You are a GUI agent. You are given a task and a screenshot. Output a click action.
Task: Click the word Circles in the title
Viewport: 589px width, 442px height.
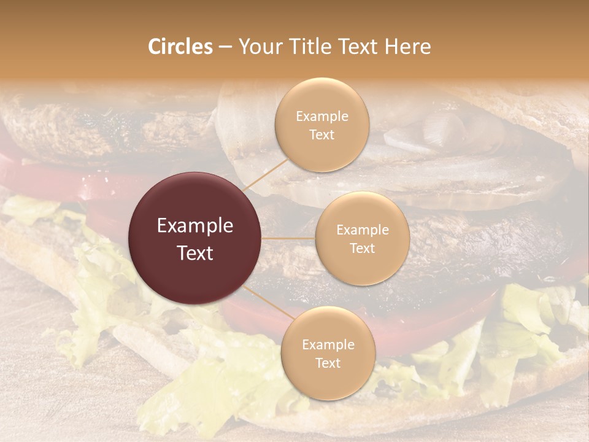pos(180,47)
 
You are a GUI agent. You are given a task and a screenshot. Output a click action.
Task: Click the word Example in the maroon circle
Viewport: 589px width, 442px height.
pos(195,226)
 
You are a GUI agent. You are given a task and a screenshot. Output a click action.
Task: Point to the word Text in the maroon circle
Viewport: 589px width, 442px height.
pos(195,253)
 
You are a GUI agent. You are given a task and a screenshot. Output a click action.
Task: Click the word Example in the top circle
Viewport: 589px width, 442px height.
pos(322,117)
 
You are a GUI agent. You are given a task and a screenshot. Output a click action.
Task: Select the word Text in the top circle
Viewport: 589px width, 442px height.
pos(322,134)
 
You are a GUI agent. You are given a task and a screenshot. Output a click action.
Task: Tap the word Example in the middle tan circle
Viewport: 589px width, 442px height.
pos(362,230)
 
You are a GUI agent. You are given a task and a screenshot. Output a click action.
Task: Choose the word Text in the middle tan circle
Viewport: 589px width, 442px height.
pos(362,248)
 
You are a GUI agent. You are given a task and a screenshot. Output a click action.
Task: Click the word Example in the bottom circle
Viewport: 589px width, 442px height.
pos(328,345)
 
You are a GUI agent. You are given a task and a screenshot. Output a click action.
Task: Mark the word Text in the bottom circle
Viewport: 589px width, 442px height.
pos(328,363)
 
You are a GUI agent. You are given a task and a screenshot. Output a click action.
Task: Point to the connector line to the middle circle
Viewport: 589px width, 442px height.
pos(288,238)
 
